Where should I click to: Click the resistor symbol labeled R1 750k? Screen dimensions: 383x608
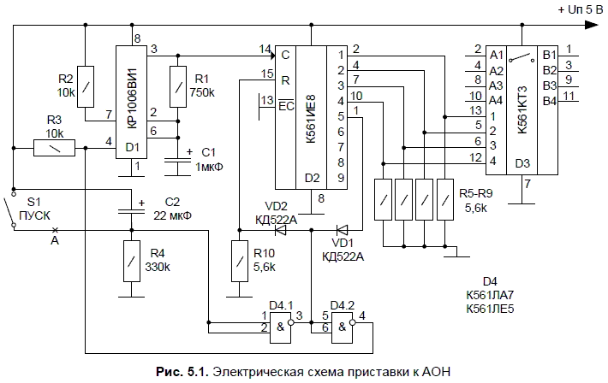[x=177, y=85]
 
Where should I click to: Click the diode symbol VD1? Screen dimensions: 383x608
[x=341, y=229]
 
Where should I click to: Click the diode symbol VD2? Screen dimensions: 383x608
[x=279, y=229]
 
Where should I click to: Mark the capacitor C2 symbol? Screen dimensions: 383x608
[x=131, y=211]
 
